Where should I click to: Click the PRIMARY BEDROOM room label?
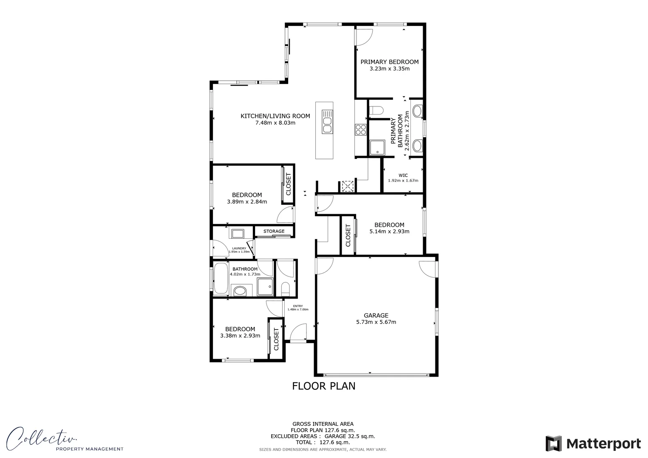click(x=389, y=62)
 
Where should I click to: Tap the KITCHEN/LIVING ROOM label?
click(x=275, y=116)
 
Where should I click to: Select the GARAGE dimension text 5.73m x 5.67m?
click(x=376, y=322)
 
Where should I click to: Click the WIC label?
click(x=403, y=175)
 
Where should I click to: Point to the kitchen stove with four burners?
click(x=361, y=129)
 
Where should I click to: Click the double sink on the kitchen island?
click(x=327, y=122)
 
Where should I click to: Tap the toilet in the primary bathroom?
click(x=376, y=111)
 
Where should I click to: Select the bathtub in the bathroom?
click(x=220, y=278)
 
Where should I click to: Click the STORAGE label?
click(x=274, y=231)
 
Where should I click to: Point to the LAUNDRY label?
click(x=239, y=249)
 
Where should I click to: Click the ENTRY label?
click(x=298, y=306)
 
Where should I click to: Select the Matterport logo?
click(x=593, y=444)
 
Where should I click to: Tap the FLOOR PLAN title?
click(x=323, y=386)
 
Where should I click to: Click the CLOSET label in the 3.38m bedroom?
click(x=276, y=339)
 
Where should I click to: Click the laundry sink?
click(x=237, y=233)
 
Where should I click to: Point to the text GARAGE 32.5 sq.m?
click(x=350, y=436)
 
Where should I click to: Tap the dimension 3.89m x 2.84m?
click(x=247, y=202)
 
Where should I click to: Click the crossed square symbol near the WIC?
click(x=348, y=186)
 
